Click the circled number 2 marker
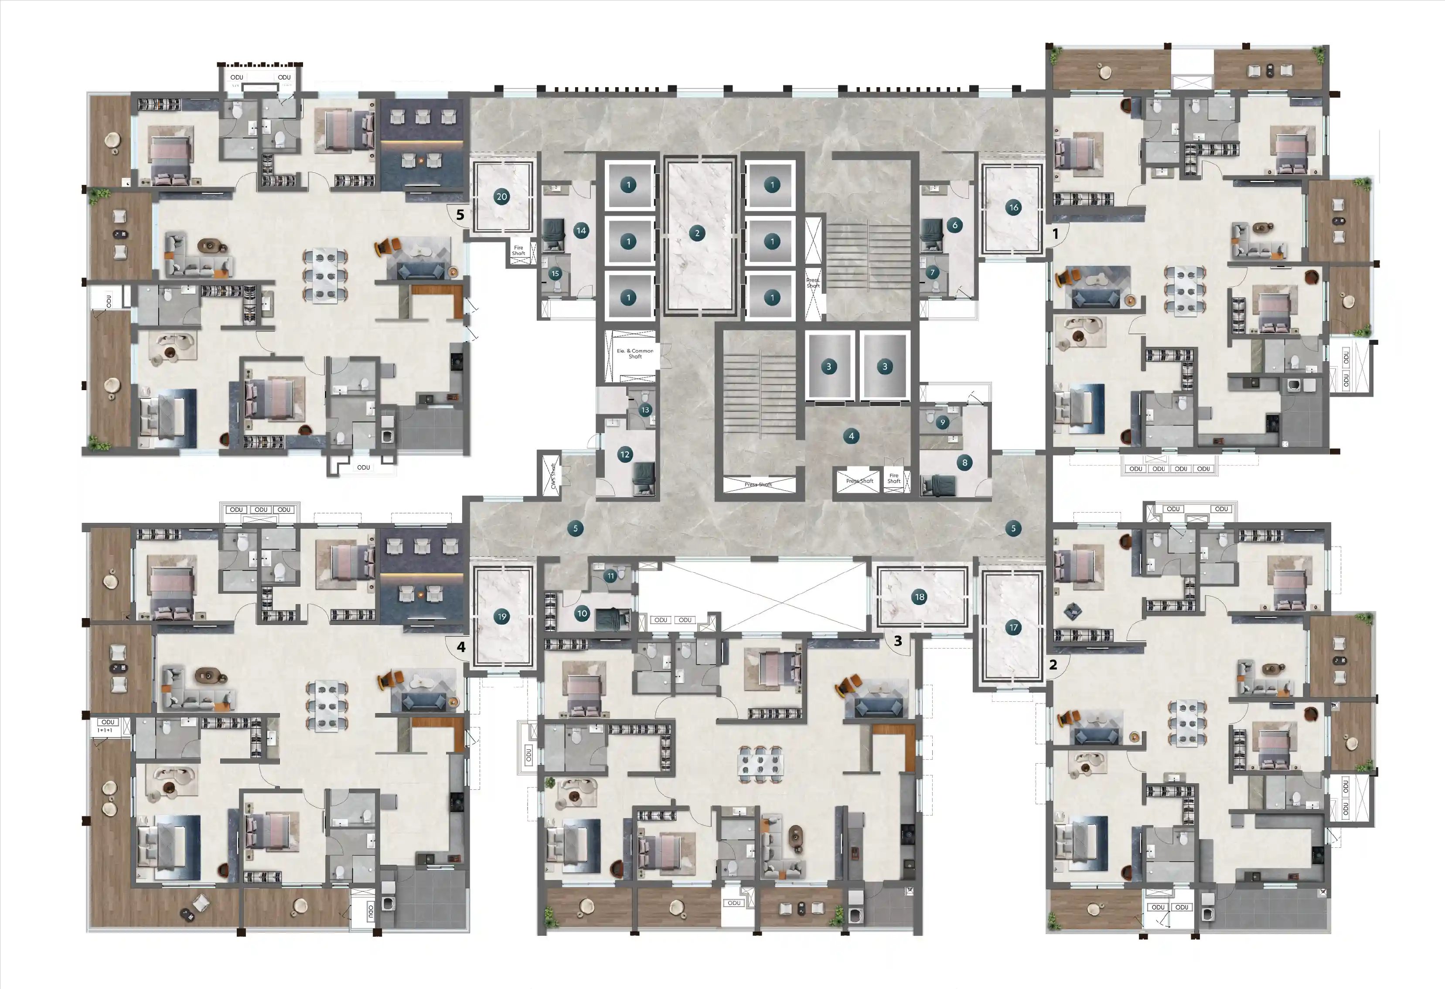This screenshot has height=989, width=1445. (697, 233)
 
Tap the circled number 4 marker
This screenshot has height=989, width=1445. (851, 436)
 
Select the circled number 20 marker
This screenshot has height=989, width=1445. (501, 197)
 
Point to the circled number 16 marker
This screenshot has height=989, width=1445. (1013, 207)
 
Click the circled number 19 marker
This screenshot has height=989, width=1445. (501, 617)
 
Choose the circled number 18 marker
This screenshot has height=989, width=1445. (919, 597)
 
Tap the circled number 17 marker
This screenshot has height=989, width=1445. (1013, 627)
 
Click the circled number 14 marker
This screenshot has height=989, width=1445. (581, 231)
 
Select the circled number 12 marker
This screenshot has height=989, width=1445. (625, 455)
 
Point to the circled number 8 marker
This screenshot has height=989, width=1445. (964, 462)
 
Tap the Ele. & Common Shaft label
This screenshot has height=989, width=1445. (635, 353)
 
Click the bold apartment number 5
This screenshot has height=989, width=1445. (460, 214)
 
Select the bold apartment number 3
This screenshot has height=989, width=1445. (898, 640)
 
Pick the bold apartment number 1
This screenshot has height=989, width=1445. (1055, 234)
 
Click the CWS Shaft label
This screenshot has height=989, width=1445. (553, 476)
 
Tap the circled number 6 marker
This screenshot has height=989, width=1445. (955, 225)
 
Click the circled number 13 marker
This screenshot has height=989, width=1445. (645, 410)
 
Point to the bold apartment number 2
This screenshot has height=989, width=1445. (1053, 665)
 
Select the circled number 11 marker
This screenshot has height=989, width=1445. (610, 576)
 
